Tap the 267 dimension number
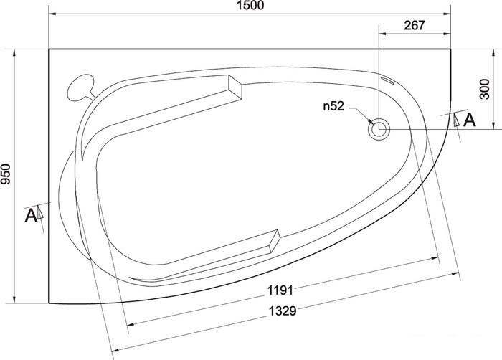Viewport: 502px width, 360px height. pyautogui.click(x=415, y=25)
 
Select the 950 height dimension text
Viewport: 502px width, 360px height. pyautogui.click(x=6, y=174)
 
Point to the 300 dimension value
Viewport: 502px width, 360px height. pyautogui.click(x=485, y=89)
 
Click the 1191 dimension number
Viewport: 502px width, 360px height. pyautogui.click(x=280, y=290)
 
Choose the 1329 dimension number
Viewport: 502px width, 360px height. pyautogui.click(x=282, y=311)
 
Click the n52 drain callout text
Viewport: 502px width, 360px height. pyautogui.click(x=333, y=106)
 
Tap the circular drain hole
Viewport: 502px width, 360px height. pyautogui.click(x=379, y=129)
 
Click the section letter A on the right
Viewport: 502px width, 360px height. pyautogui.click(x=470, y=120)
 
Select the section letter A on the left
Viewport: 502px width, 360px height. pyautogui.click(x=31, y=215)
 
